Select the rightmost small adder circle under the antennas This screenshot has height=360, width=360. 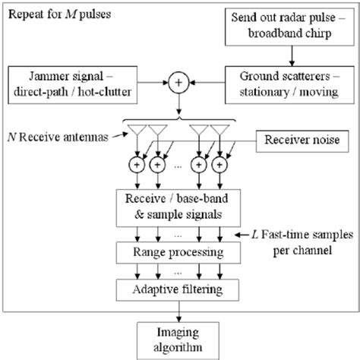221,164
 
